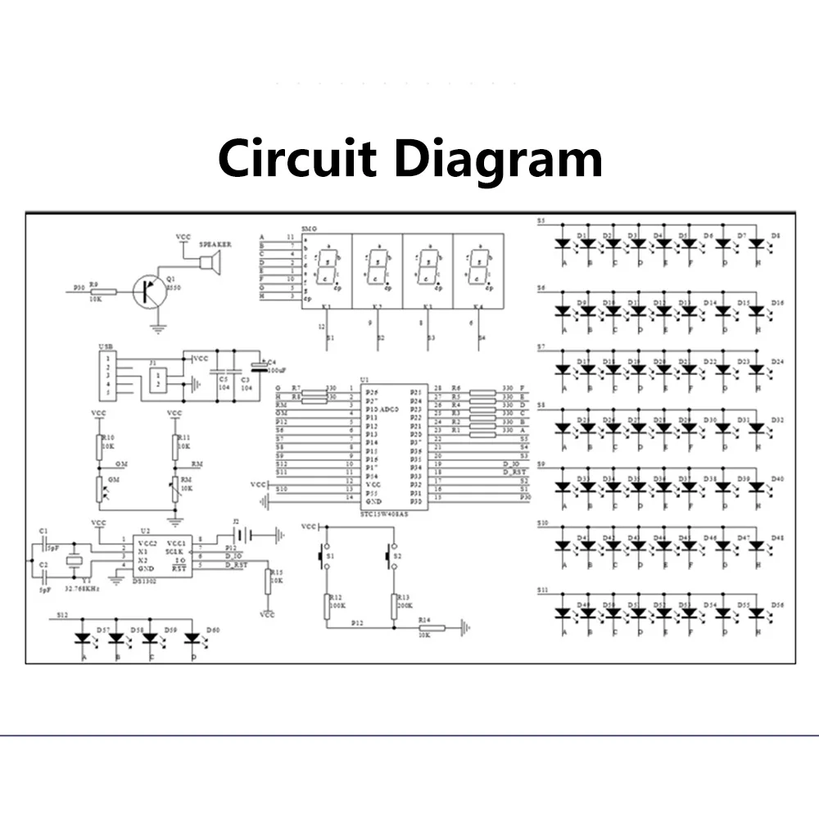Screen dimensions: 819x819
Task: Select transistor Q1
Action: click(151, 290)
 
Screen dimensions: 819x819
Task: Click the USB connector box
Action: click(106, 376)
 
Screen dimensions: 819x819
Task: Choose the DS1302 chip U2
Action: click(157, 554)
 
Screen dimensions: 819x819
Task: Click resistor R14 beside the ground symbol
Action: click(432, 628)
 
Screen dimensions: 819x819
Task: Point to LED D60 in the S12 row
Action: click(193, 637)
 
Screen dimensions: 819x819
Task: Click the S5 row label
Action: click(541, 221)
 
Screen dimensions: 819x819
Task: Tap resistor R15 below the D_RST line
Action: click(268, 581)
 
